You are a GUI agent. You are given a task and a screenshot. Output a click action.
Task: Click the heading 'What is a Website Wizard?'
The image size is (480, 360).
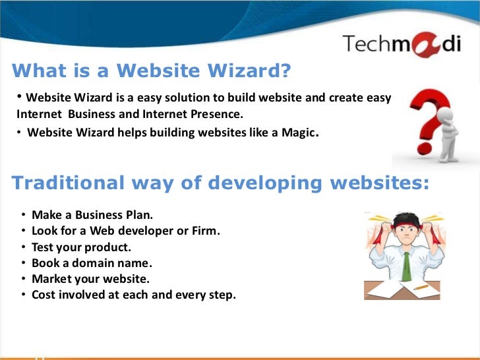pos(152,71)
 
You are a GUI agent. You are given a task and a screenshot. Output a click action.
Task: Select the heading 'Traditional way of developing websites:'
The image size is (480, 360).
pos(220,183)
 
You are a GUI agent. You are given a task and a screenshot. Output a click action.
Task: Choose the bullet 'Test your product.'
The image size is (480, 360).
pos(81,247)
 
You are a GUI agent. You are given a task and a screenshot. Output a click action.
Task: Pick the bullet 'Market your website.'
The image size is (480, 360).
pos(90,279)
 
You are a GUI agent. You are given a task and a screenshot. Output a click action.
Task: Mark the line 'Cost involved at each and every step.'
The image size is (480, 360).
pos(133,295)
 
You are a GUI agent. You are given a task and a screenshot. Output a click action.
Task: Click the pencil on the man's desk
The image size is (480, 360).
pos(420,287)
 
